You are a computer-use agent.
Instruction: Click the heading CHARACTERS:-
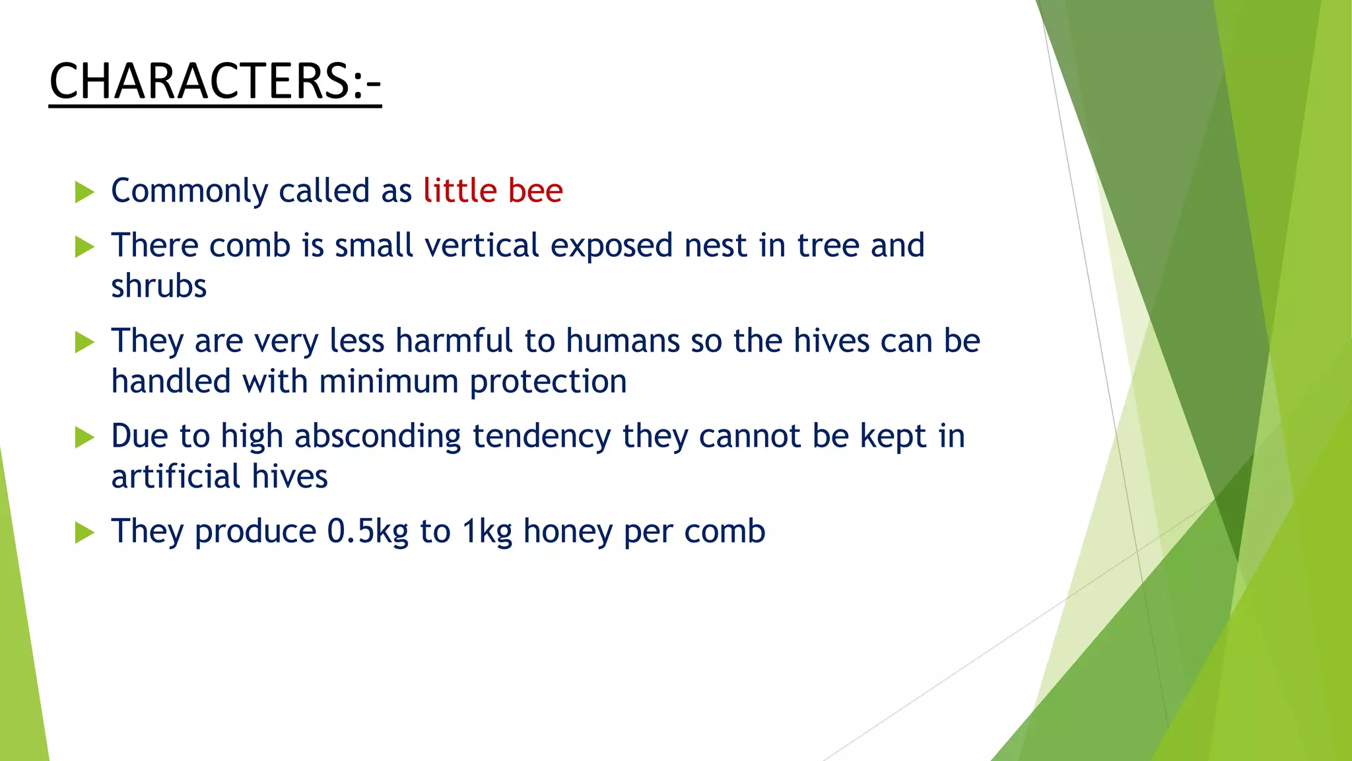215,81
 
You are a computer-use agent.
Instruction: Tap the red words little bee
492,191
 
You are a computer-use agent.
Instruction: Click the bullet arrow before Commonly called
84,192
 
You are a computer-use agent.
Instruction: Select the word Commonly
189,192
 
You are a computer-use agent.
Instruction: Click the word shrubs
158,287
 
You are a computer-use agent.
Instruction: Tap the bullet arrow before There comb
84,247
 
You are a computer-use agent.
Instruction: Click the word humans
623,341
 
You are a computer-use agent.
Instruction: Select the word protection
548,382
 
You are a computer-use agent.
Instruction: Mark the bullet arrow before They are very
84,342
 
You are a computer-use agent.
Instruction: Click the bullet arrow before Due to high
84,437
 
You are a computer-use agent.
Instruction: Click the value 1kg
487,532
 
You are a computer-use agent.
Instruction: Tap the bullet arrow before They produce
84,532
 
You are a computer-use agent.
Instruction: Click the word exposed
611,246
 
